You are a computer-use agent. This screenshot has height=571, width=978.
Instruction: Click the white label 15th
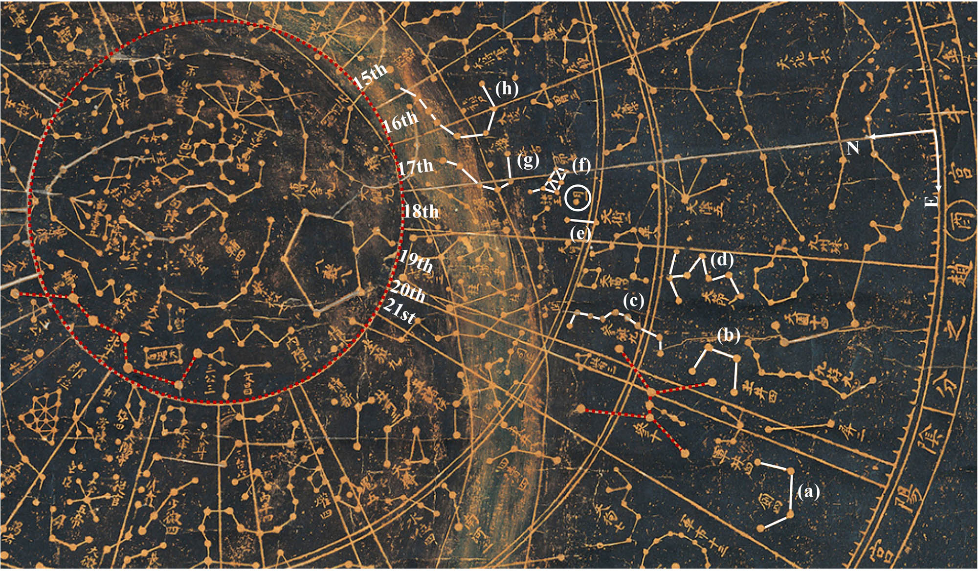(x=371, y=76)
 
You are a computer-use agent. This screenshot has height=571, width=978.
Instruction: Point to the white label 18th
(x=421, y=211)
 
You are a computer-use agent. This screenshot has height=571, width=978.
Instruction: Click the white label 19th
(x=415, y=262)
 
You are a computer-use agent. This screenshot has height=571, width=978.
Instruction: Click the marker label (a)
(x=808, y=491)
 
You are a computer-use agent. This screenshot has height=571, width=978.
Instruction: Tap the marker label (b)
(x=729, y=336)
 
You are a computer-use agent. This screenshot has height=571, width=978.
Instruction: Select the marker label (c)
(x=634, y=301)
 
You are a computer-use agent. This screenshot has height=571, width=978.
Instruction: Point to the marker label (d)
(x=722, y=261)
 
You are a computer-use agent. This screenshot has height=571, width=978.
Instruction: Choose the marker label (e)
(x=580, y=234)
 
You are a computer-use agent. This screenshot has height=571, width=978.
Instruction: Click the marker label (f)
(x=581, y=166)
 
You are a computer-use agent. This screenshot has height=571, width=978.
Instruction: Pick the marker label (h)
(x=506, y=89)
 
